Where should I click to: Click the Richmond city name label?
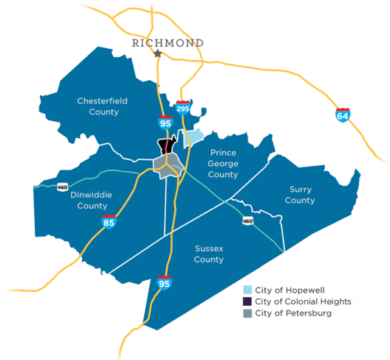coord(168,43)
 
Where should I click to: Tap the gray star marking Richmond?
coord(158,54)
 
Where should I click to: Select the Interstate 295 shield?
coord(182,108)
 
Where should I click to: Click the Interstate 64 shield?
coord(342,114)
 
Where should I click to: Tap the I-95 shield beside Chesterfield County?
coord(165,122)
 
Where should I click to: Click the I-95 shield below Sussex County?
coord(163,283)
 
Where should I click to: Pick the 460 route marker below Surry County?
coord(247,220)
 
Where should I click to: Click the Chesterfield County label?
coord(102,106)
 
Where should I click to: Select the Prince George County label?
coord(222,163)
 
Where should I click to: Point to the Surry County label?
coord(300,195)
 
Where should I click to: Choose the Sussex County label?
coord(208,253)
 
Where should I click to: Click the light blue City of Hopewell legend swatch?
coord(247,290)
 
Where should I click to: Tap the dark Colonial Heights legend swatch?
coord(247,302)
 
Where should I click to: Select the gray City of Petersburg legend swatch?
coord(247,313)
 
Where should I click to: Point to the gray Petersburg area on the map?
coord(165,165)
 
